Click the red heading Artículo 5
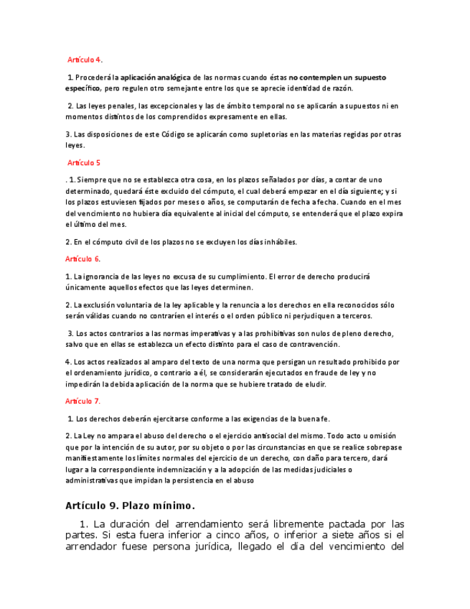click(84, 163)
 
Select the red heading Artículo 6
click(83, 259)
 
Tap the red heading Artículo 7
click(83, 401)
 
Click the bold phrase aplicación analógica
click(155, 77)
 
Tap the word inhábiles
click(277, 241)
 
